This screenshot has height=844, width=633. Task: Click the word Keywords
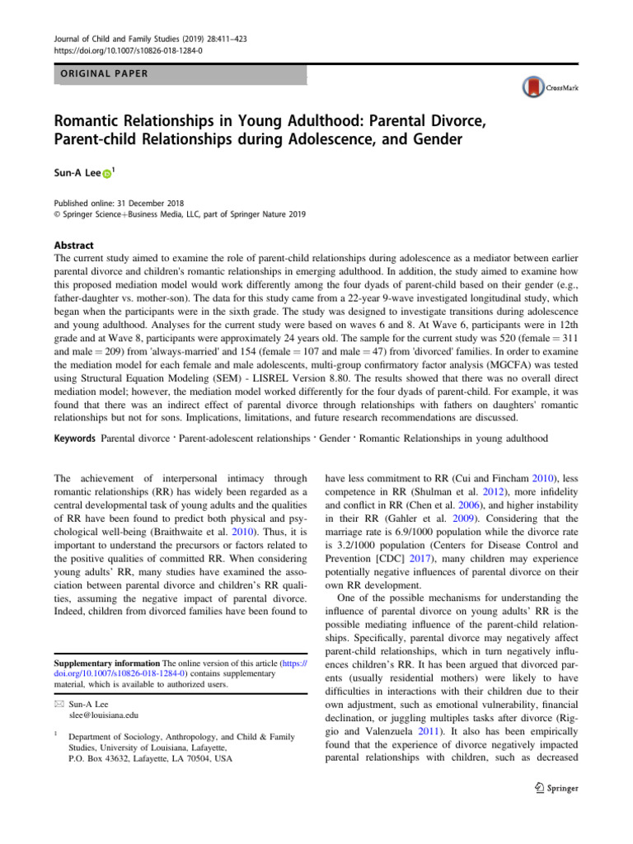[68, 439]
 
